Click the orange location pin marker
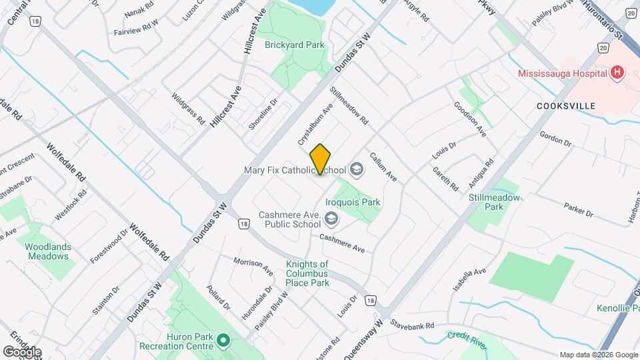point(321,159)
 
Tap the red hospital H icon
point(617,73)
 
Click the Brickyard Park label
point(294,45)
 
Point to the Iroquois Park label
point(352,201)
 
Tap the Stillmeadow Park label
point(494,202)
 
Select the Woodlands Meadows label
point(48,251)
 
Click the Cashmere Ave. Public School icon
point(331,219)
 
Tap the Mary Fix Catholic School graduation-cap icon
point(357,170)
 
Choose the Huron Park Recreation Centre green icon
point(225,342)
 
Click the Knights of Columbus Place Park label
point(307,273)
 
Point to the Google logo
point(22,351)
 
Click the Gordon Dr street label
point(555,139)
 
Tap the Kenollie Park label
point(613,308)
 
